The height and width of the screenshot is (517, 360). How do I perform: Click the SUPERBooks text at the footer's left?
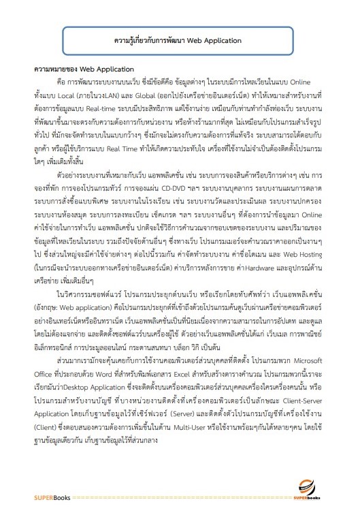(47, 498)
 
